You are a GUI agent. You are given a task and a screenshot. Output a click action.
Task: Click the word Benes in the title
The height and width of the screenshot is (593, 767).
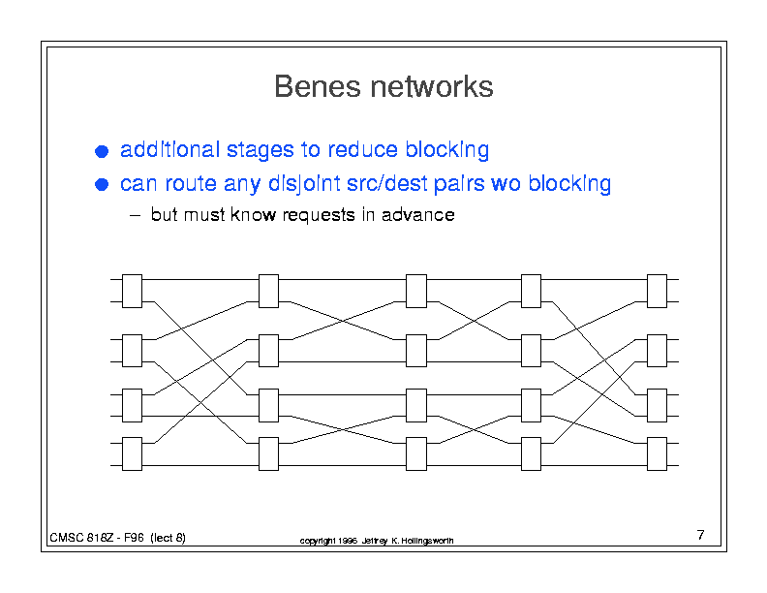pos(318,86)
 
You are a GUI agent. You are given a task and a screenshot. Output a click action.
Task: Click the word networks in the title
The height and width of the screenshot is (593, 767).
pos(432,86)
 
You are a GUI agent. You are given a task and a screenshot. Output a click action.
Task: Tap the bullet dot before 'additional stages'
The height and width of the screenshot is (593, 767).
pos(102,151)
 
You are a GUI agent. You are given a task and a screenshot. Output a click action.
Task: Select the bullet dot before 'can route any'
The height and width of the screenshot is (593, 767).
pos(102,184)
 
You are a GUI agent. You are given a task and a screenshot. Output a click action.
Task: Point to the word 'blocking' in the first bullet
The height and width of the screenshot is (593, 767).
pos(447,150)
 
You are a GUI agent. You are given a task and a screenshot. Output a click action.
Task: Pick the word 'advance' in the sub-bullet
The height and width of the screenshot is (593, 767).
pos(418,215)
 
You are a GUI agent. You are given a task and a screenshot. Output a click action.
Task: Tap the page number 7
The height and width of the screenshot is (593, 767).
pos(700,535)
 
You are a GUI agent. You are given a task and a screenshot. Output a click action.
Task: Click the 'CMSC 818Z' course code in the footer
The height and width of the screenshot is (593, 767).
pos(81,538)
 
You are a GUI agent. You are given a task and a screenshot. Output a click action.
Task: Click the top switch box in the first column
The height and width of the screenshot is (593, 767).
pos(132,291)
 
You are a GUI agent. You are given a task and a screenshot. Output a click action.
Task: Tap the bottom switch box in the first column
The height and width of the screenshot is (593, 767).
pos(132,454)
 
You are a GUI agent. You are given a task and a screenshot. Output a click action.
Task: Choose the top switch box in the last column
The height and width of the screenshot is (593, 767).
pos(657,291)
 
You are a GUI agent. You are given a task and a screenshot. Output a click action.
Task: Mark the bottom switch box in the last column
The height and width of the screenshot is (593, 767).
pos(657,454)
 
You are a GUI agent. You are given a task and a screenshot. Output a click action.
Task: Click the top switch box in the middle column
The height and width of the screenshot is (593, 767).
pos(416,291)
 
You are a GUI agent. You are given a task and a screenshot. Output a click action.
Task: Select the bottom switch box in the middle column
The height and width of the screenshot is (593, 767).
pos(416,454)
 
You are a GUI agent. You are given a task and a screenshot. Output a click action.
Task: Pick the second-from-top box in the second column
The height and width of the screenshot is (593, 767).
pos(268,351)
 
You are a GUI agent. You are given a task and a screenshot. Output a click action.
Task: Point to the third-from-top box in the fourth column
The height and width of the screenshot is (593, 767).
pos(532,406)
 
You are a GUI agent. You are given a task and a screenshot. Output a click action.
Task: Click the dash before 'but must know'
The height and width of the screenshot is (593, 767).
pos(135,216)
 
